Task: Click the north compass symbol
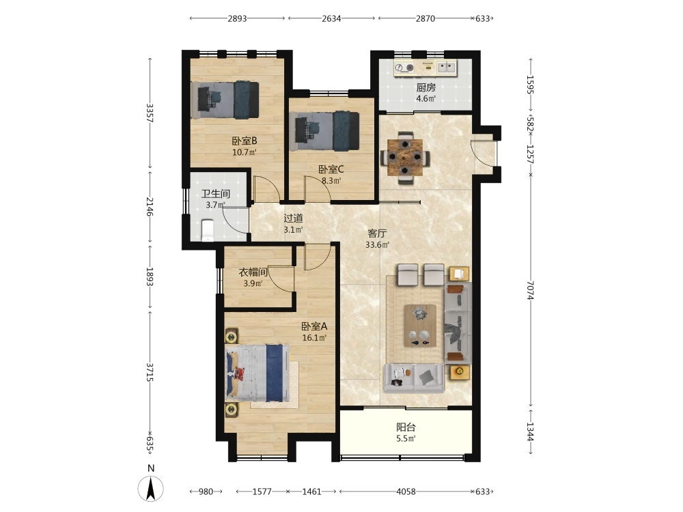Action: tap(151, 487)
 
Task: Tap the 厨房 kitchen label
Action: tap(426, 87)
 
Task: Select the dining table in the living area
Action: tap(405, 157)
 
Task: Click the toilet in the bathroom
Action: tap(208, 230)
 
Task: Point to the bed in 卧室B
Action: tap(225, 100)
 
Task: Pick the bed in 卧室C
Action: tap(327, 131)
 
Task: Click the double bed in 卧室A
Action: tap(257, 373)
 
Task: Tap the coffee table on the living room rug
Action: tap(420, 326)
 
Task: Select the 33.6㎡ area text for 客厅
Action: tap(377, 244)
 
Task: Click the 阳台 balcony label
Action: tap(406, 427)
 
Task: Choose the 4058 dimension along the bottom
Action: tap(406, 492)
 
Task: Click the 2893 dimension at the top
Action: tap(237, 18)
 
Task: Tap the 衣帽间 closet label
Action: tap(253, 272)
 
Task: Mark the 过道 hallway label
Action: tap(293, 218)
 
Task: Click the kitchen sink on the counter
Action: tap(447, 67)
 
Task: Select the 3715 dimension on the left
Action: tap(150, 372)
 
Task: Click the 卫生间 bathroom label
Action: tap(216, 194)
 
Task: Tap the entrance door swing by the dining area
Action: tap(483, 153)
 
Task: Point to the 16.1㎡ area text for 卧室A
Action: tap(314, 338)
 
